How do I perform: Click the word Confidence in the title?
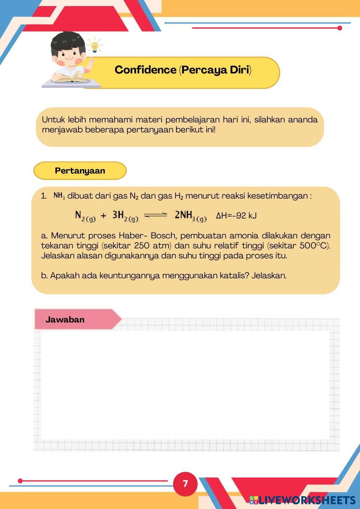click(145, 70)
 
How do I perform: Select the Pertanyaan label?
click(80, 171)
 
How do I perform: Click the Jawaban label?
click(65, 320)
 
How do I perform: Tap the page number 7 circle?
click(185, 483)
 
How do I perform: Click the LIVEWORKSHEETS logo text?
click(306, 500)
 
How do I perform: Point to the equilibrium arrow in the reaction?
click(156, 215)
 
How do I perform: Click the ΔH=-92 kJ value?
click(236, 216)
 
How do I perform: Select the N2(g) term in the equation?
click(85, 216)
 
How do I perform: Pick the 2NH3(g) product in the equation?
click(190, 216)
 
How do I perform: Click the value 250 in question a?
click(141, 246)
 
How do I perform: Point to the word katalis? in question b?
click(234, 276)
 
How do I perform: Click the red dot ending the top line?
click(339, 28)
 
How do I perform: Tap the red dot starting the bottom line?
click(20, 481)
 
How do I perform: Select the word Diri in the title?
click(240, 70)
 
